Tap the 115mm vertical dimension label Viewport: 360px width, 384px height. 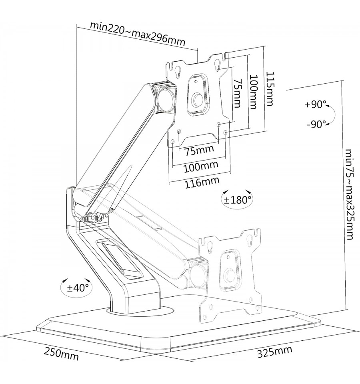[270, 88]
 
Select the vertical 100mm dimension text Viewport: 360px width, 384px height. [253, 92]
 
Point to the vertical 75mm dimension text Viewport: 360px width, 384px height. [237, 93]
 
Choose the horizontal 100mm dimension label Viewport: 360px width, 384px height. [201, 167]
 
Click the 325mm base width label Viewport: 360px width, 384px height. [275, 352]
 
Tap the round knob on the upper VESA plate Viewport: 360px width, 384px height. [197, 100]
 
